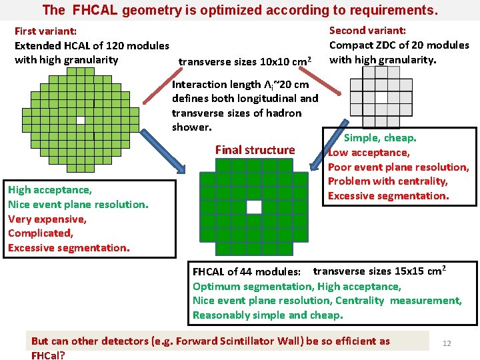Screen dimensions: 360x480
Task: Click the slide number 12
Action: click(x=447, y=343)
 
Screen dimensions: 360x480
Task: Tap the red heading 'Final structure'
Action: click(x=255, y=150)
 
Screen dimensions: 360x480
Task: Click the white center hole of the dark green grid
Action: click(x=254, y=207)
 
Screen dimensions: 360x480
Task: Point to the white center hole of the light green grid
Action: click(x=80, y=121)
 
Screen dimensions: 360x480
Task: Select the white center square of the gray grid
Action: click(x=381, y=97)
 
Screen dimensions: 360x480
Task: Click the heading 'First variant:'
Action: click(x=45, y=31)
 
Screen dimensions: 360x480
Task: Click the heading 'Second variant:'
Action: click(x=367, y=30)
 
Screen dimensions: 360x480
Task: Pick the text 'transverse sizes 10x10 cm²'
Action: click(x=245, y=62)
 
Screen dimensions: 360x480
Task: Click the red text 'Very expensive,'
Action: click(x=47, y=219)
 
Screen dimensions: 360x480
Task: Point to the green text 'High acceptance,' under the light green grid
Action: click(x=50, y=190)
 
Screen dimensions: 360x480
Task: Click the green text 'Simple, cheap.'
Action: click(x=380, y=138)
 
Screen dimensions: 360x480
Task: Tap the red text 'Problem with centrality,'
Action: click(x=388, y=181)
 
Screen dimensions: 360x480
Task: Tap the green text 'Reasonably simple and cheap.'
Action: click(x=268, y=315)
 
